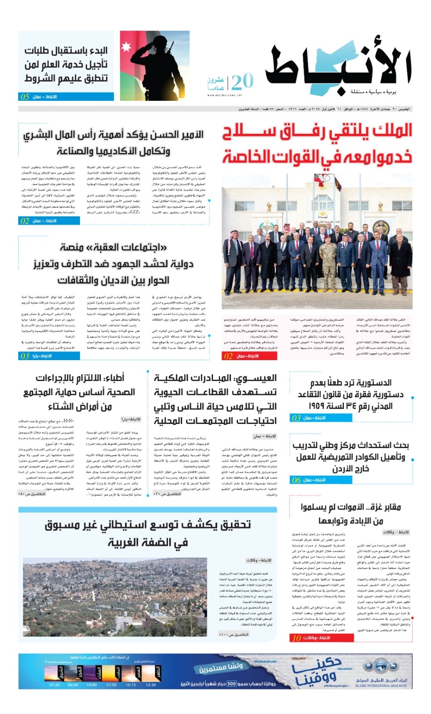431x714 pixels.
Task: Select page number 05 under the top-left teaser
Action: coord(25,97)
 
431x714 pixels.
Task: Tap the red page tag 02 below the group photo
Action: coord(229,356)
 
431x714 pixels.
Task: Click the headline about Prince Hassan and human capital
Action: coord(113,143)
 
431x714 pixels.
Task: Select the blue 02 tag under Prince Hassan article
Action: coord(25,221)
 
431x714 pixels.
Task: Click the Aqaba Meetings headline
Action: coord(113,263)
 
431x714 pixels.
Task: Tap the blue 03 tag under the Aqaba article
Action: coord(25,356)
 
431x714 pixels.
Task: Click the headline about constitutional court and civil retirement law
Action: coord(351,394)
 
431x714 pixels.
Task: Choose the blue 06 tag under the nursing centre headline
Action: coord(297,480)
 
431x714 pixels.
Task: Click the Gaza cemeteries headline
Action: coord(351,514)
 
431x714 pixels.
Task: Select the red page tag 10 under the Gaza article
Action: coord(297,638)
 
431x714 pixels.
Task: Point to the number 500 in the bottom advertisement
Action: coord(231,684)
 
